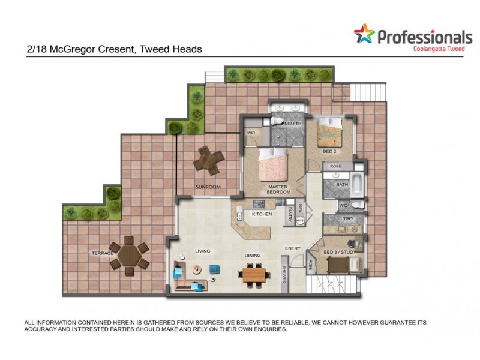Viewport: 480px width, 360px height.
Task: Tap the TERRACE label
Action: (103, 253)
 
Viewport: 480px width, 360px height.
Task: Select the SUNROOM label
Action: (208, 187)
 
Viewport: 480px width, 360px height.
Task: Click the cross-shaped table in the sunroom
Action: (208, 160)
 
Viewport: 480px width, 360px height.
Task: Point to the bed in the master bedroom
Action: (274, 166)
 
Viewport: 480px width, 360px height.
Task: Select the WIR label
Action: (251, 133)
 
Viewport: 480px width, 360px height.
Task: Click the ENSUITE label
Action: (290, 124)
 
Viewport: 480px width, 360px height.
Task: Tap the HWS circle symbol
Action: (300, 221)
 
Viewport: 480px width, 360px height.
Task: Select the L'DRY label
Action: (346, 219)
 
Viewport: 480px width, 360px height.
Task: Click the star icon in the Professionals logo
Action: (364, 35)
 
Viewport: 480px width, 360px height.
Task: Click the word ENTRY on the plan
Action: (293, 248)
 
